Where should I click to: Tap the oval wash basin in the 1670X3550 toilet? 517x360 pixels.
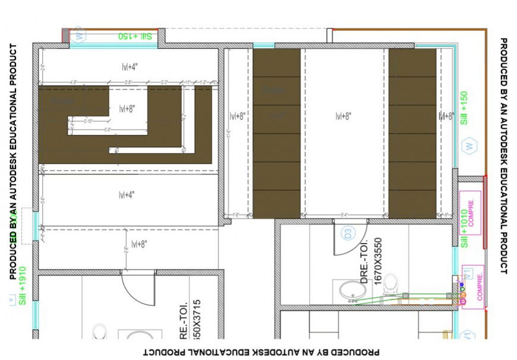pyautogui.click(x=352, y=291)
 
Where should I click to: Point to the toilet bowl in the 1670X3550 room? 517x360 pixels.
pyautogui.click(x=390, y=283)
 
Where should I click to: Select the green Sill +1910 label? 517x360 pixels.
pyautogui.click(x=23, y=286)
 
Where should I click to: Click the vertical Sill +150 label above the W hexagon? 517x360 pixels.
pyautogui.click(x=464, y=108)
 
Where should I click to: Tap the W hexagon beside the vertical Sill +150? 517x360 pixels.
pyautogui.click(x=469, y=145)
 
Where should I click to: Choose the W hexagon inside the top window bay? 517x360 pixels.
pyautogui.click(x=80, y=35)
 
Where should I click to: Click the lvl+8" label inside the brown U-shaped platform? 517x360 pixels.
pyautogui.click(x=127, y=109)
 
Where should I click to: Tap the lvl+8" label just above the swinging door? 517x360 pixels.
pyautogui.click(x=140, y=244)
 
